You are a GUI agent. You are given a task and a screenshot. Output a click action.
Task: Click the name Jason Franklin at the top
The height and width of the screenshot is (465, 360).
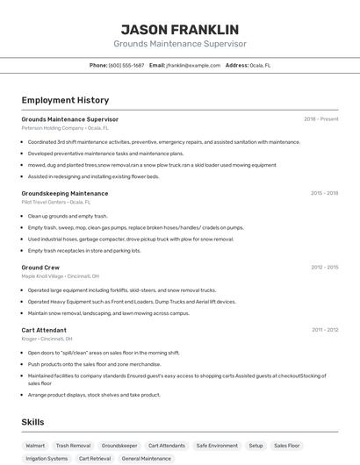[x=179, y=29]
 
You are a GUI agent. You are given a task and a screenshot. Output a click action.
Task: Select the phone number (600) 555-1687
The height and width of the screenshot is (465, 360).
[x=126, y=65]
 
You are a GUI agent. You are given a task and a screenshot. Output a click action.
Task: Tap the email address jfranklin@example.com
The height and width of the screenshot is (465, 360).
[x=193, y=65]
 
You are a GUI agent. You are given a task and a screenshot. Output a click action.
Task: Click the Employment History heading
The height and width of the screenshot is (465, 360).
[x=65, y=100]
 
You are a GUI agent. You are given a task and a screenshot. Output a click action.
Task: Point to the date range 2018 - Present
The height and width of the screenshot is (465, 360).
[x=320, y=118]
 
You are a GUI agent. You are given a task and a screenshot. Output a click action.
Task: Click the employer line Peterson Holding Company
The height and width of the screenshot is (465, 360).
[x=65, y=128]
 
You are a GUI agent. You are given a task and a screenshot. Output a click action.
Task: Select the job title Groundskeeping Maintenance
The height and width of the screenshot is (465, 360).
[x=65, y=193]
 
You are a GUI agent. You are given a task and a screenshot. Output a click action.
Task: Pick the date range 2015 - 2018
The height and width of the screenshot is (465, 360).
[x=324, y=193]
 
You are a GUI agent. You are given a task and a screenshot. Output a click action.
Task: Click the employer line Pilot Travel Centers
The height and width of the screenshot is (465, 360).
[x=56, y=202]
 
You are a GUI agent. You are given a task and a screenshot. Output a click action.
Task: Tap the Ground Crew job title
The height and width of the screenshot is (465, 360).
[x=40, y=267]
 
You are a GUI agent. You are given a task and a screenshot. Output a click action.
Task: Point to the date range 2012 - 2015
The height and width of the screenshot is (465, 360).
[x=324, y=267]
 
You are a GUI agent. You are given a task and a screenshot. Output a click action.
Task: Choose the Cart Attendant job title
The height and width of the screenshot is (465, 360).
[x=44, y=330]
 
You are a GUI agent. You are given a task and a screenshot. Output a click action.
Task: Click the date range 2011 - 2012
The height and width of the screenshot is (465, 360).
[x=325, y=330]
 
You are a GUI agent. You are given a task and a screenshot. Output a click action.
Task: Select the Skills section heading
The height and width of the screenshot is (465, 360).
[x=32, y=422]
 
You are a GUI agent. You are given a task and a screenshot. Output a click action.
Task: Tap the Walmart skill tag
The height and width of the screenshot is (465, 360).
[x=35, y=446]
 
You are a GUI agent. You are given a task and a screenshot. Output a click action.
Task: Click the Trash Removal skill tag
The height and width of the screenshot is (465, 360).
[x=73, y=446]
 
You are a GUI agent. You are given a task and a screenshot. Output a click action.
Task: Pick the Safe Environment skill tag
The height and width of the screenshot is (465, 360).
[x=217, y=446]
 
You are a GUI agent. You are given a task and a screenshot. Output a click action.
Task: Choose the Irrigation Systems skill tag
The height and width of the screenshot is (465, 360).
[x=47, y=458]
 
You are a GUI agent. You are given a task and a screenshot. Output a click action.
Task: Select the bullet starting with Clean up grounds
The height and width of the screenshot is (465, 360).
[x=68, y=216]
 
